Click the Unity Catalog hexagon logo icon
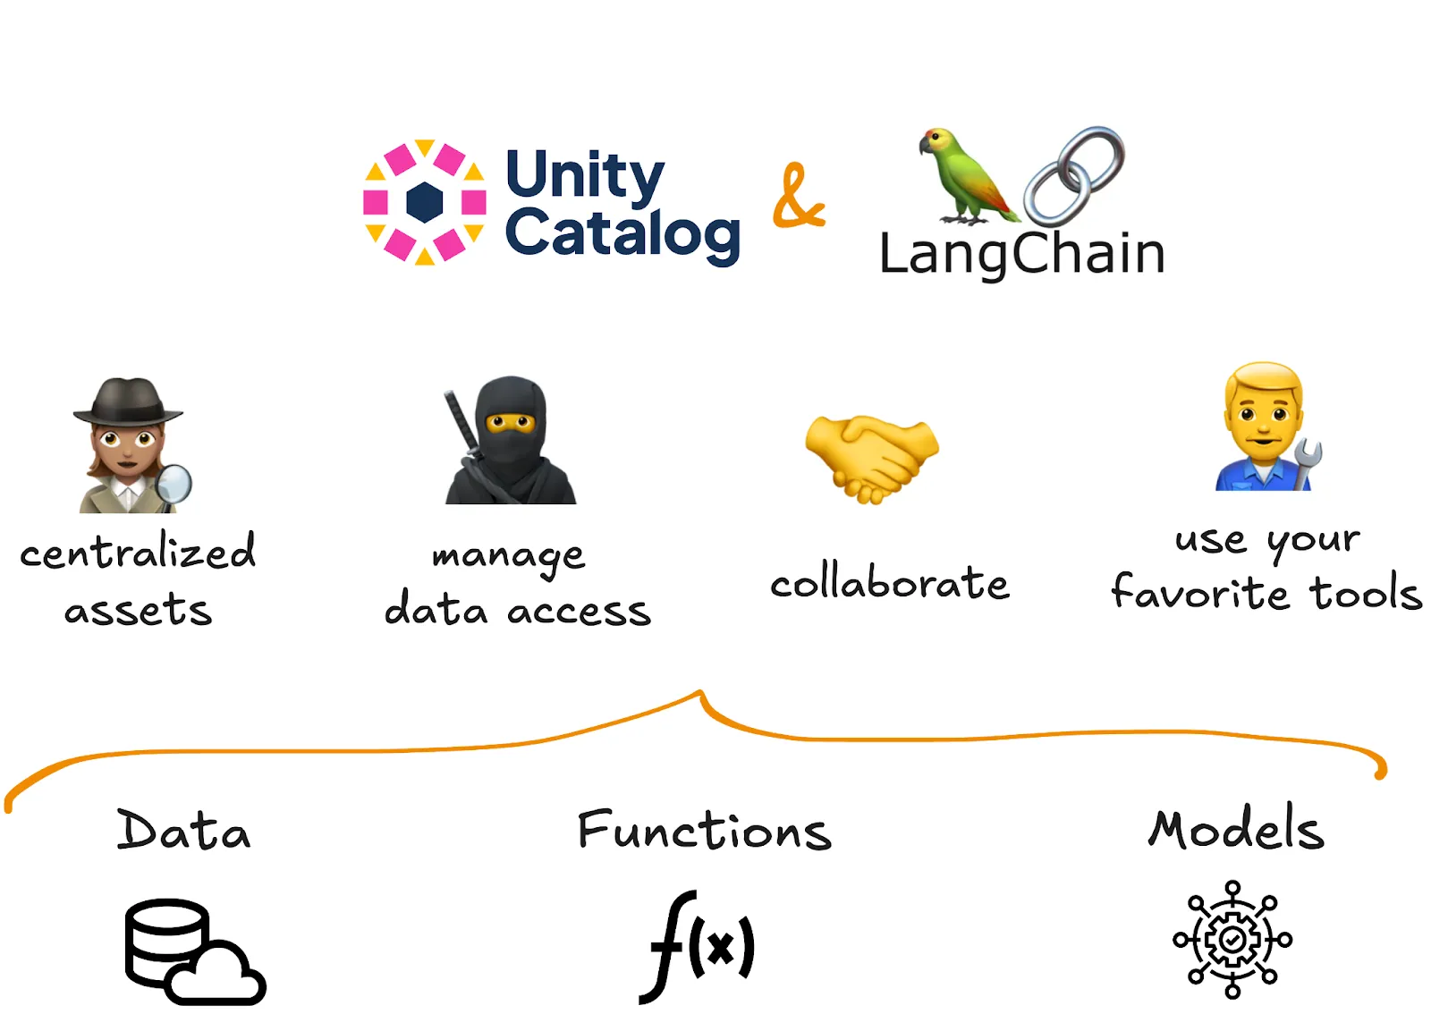point(425,202)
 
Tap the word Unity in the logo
point(585,174)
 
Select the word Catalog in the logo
point(622,234)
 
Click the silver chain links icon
point(1074,174)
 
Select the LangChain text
point(1022,254)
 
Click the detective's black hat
point(128,402)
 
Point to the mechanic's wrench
point(1307,461)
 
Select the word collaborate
point(890,583)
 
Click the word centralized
point(138,551)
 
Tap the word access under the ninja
point(579,613)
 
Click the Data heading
point(183,831)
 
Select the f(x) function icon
point(698,946)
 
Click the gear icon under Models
point(1232,939)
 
